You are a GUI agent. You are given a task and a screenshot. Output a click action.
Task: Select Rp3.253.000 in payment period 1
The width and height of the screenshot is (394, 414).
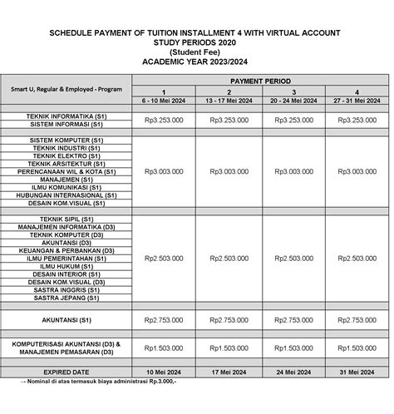click(164, 120)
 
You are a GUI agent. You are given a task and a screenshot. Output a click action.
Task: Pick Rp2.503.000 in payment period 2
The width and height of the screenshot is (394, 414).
click(228, 258)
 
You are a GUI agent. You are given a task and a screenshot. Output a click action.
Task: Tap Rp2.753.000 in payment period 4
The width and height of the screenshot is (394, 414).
click(357, 320)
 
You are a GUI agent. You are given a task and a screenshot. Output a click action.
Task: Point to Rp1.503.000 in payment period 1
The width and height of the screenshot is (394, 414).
click(164, 347)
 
